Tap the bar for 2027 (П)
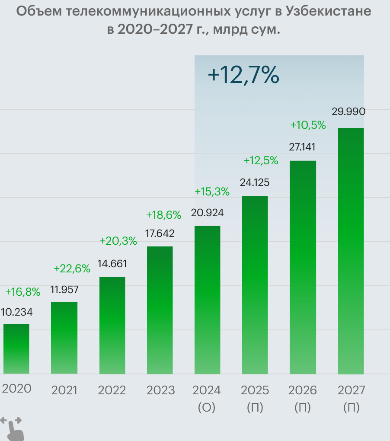click(x=351, y=251)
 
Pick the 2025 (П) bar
click(x=255, y=285)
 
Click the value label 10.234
click(x=16, y=312)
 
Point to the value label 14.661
click(x=112, y=264)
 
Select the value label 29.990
click(x=348, y=112)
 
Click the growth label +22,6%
click(x=72, y=268)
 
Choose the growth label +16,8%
click(x=22, y=292)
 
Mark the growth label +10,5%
click(x=308, y=125)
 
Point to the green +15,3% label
click(x=212, y=192)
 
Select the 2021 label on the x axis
click(x=64, y=390)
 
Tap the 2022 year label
click(x=112, y=390)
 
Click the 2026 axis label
click(x=302, y=390)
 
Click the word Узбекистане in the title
click(x=329, y=12)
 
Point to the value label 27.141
click(x=302, y=147)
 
